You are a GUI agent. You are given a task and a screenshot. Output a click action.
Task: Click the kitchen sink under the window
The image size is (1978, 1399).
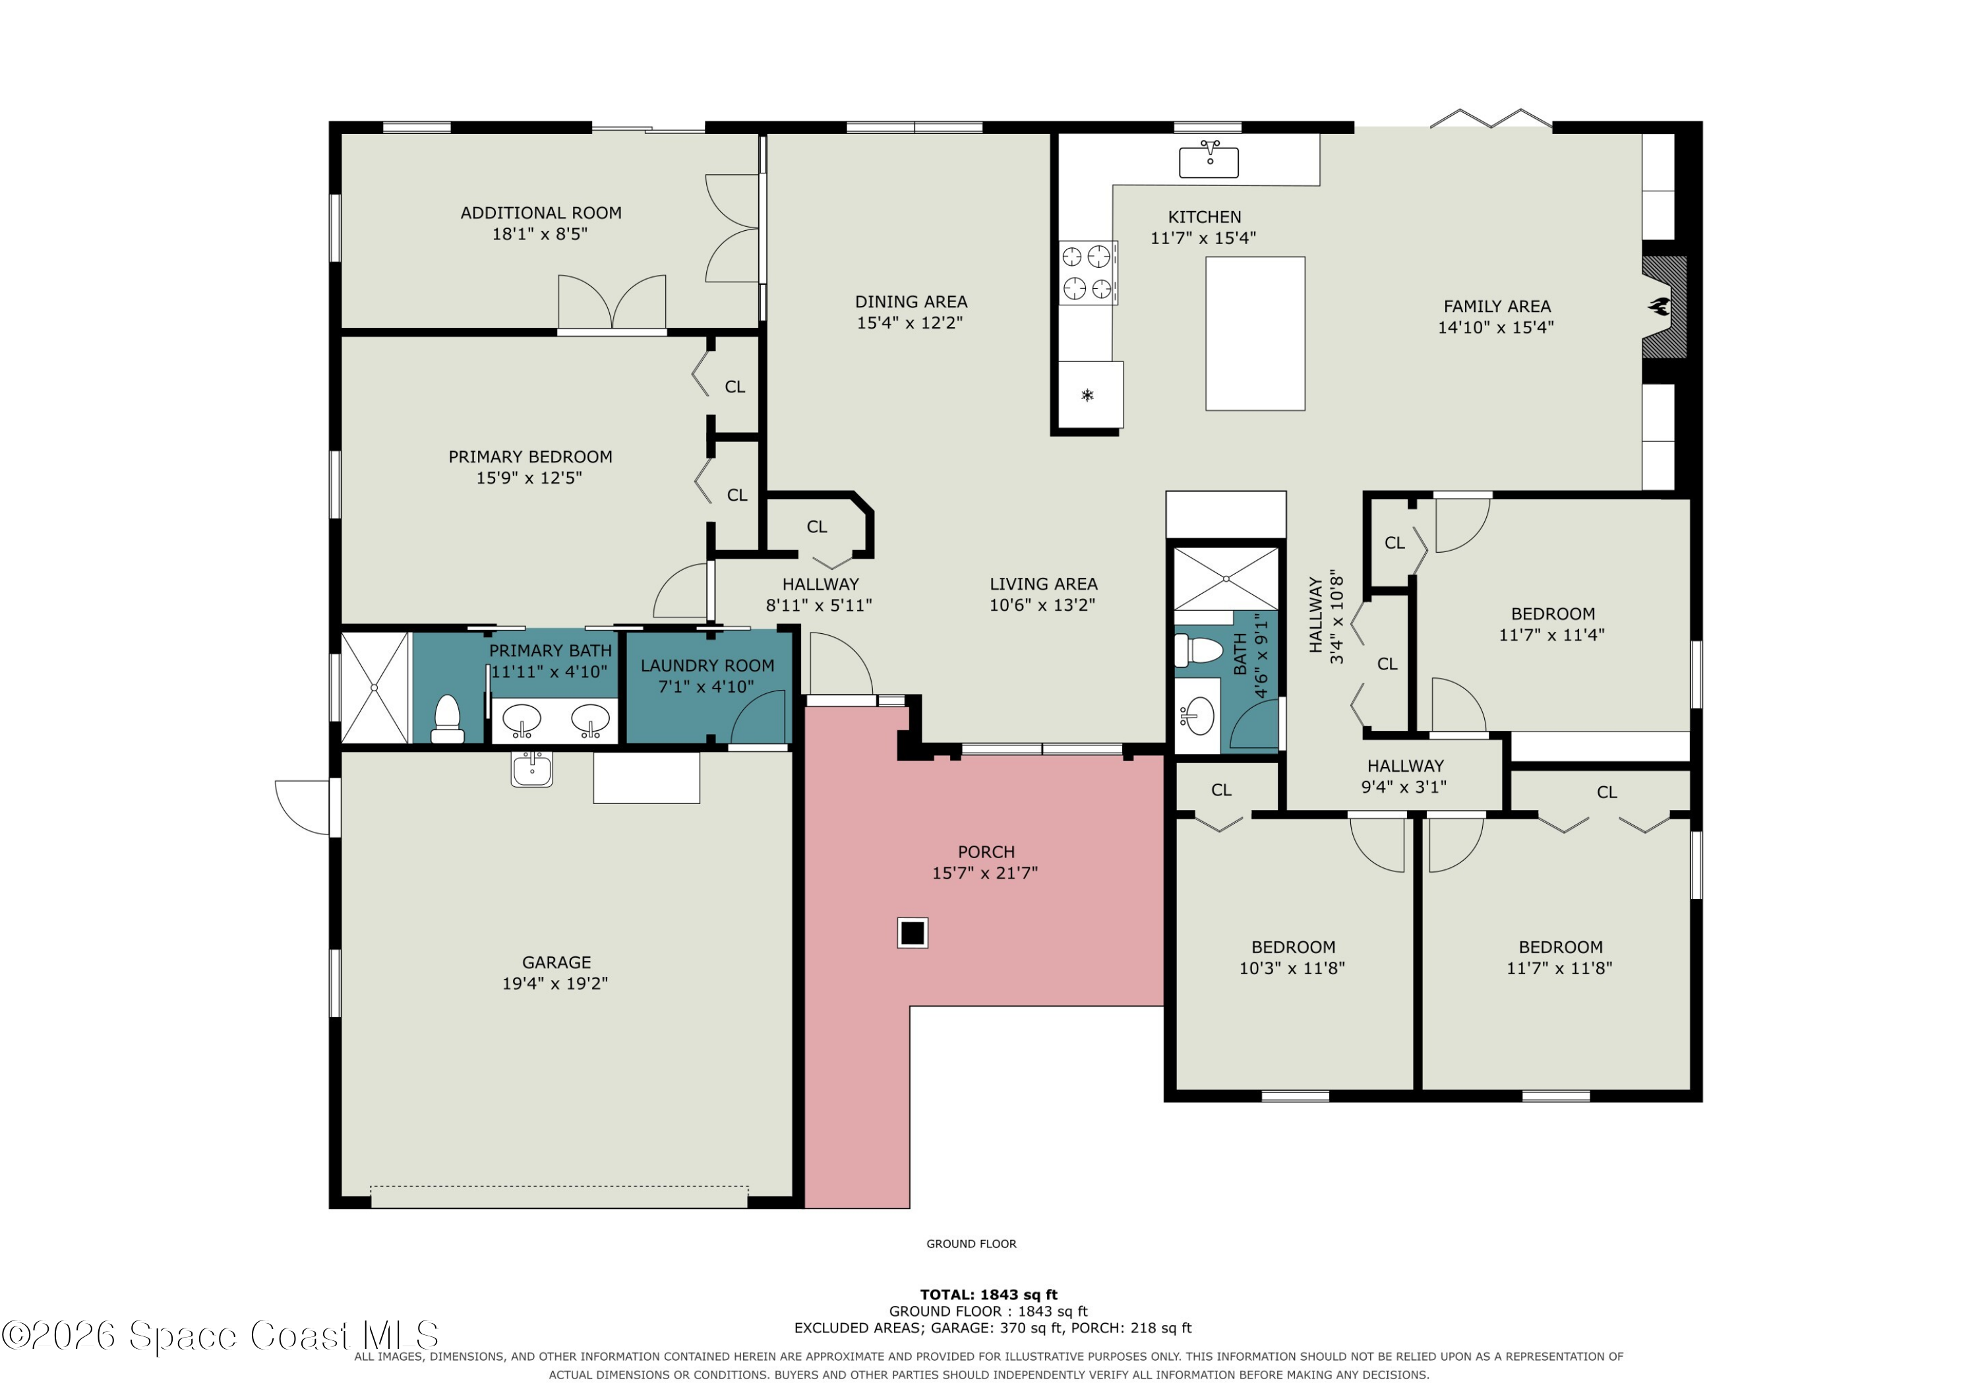(x=1209, y=160)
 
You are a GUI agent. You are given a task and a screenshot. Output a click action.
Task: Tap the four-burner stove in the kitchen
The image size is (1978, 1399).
(x=1088, y=272)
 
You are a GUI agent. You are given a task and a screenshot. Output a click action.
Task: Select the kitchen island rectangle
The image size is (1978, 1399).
(x=1255, y=334)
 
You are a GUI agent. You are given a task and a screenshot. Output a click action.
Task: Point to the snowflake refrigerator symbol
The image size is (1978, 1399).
(x=1087, y=395)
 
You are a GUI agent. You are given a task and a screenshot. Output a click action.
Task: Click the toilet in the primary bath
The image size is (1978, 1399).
(x=447, y=720)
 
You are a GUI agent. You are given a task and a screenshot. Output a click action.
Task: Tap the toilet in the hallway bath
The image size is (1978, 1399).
(x=1199, y=651)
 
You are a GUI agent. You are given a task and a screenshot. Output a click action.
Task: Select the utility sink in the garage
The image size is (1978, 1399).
(x=531, y=769)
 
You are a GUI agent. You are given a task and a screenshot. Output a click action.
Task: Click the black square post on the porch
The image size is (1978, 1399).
(x=913, y=933)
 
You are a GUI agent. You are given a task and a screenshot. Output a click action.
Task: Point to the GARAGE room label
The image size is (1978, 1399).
(x=556, y=962)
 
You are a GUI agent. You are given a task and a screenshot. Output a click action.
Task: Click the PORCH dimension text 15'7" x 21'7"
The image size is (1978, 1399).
(x=984, y=873)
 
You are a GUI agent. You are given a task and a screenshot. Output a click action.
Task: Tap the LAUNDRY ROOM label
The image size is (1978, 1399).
(x=707, y=666)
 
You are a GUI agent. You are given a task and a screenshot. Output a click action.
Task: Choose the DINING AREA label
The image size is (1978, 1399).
(x=911, y=301)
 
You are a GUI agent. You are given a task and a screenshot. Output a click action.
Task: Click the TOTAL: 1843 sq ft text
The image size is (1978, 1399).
(x=988, y=1295)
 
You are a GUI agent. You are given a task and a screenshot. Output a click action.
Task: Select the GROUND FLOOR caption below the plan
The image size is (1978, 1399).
(x=971, y=1244)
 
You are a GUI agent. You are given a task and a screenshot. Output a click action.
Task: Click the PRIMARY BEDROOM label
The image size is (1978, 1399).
(x=530, y=457)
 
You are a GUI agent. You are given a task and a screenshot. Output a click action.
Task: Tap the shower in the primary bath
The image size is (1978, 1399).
(x=375, y=687)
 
